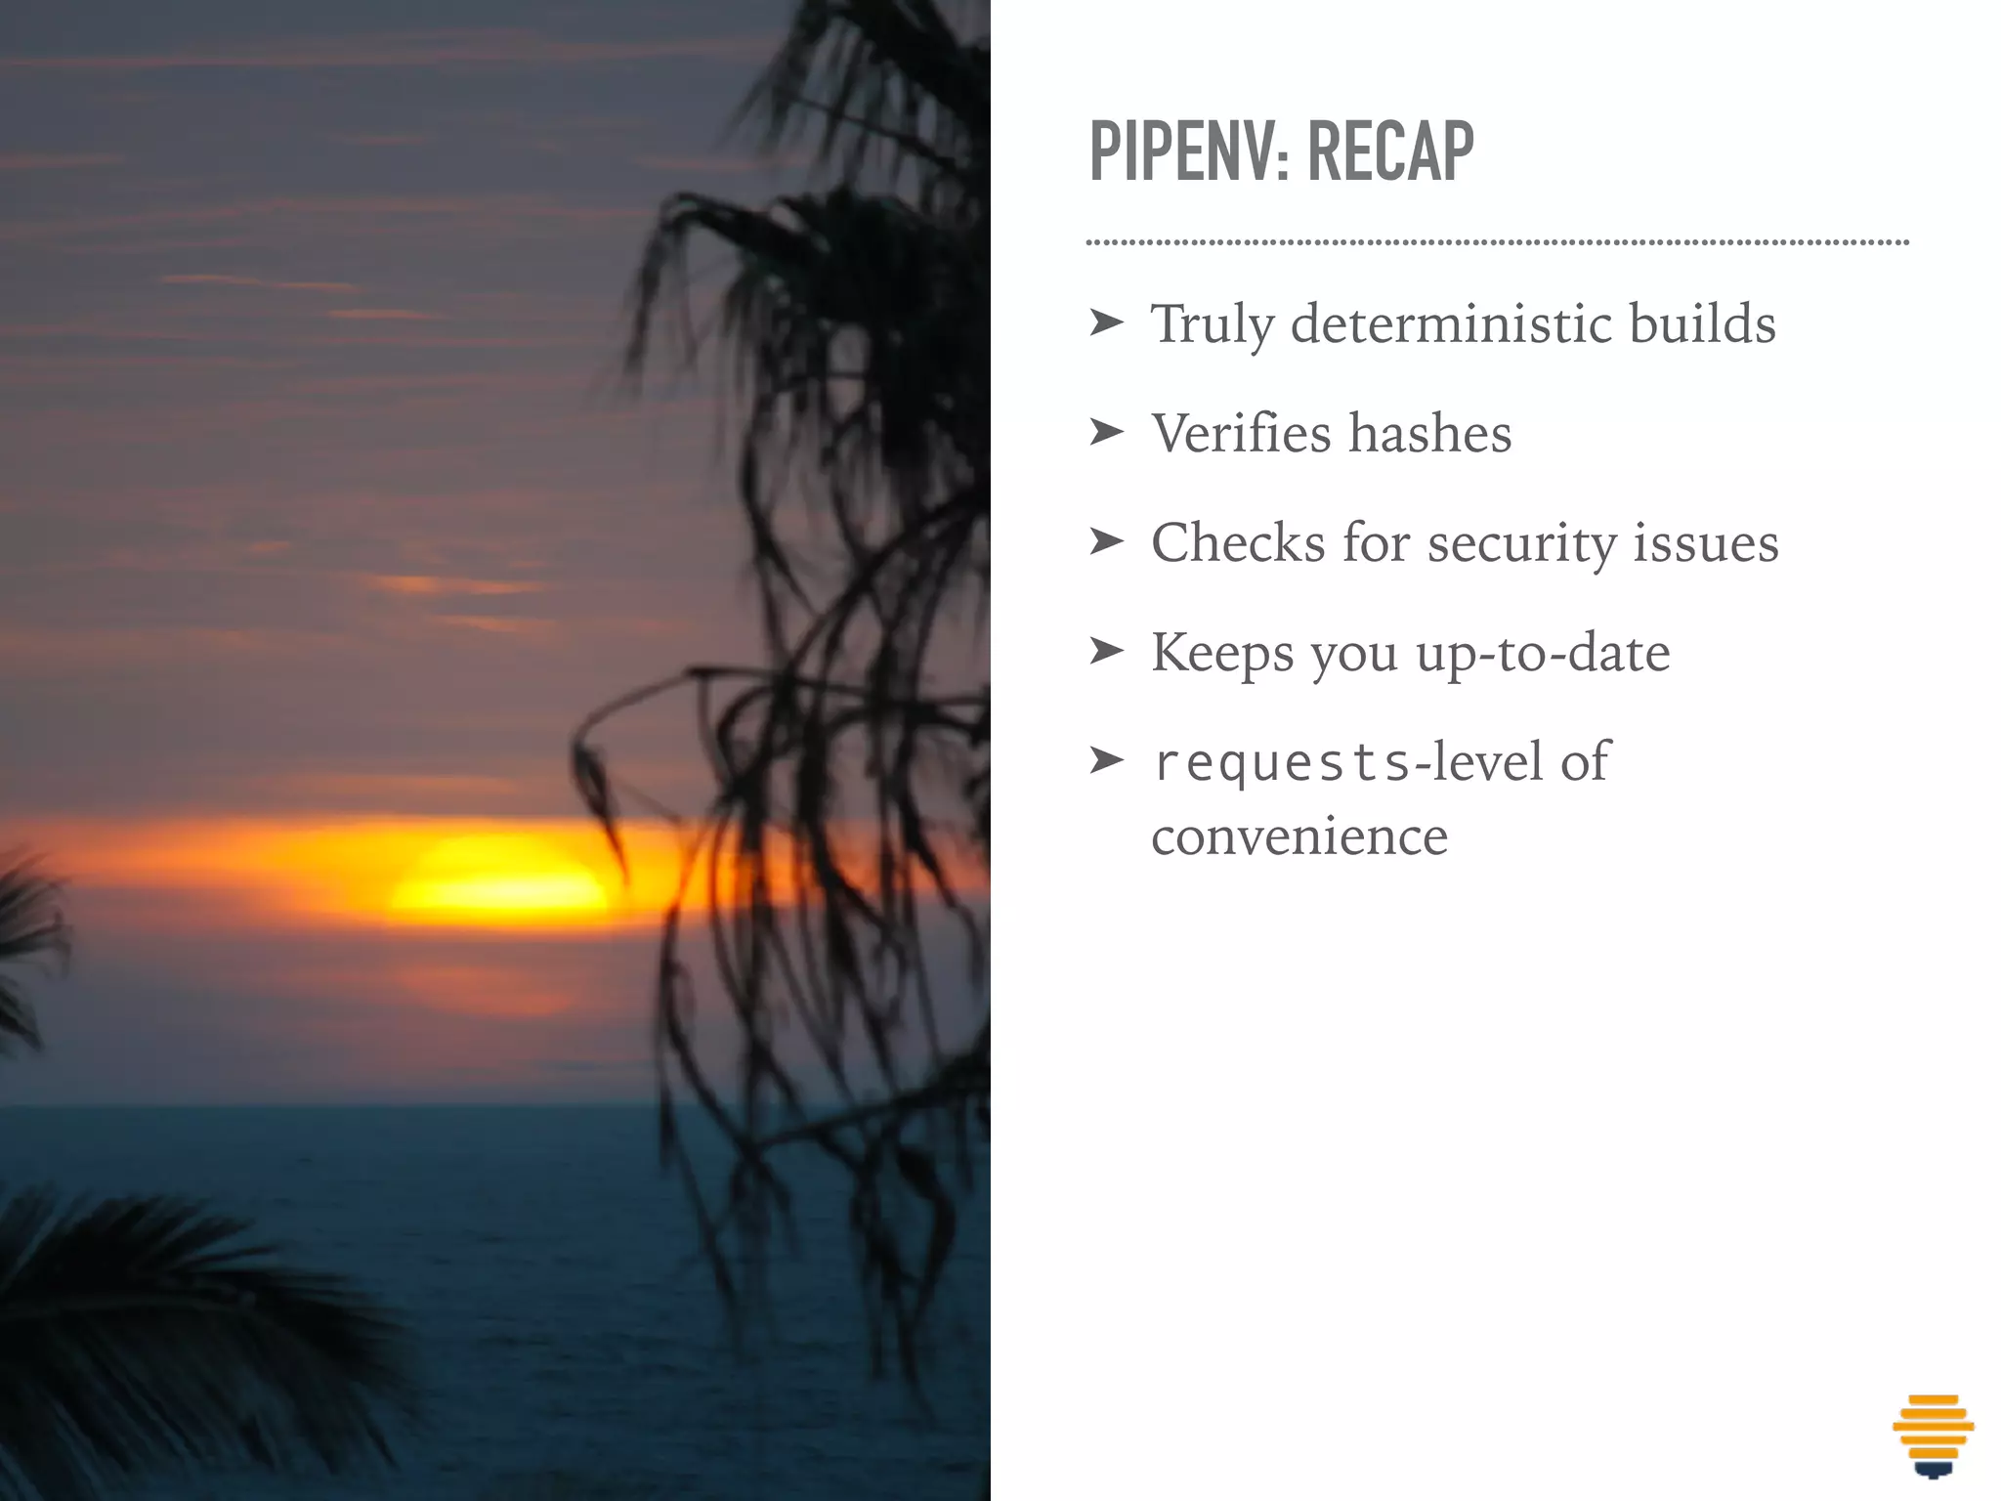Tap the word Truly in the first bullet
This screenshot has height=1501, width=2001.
(x=1212, y=324)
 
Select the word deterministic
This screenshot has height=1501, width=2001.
(x=1450, y=324)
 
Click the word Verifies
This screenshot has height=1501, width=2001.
(x=1241, y=434)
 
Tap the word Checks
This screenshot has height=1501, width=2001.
(x=1238, y=543)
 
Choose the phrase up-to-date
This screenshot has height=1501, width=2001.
(x=1543, y=653)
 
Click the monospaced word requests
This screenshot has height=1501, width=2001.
(x=1282, y=763)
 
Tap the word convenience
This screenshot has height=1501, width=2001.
(x=1299, y=837)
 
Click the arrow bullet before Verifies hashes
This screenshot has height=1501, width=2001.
(x=1106, y=431)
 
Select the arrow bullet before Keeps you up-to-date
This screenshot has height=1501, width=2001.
(x=1106, y=650)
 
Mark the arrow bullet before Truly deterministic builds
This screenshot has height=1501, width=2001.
(x=1106, y=322)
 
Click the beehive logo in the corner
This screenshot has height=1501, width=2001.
(x=1933, y=1435)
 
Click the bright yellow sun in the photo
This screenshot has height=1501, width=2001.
(x=498, y=877)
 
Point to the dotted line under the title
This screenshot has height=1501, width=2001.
(x=1497, y=241)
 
